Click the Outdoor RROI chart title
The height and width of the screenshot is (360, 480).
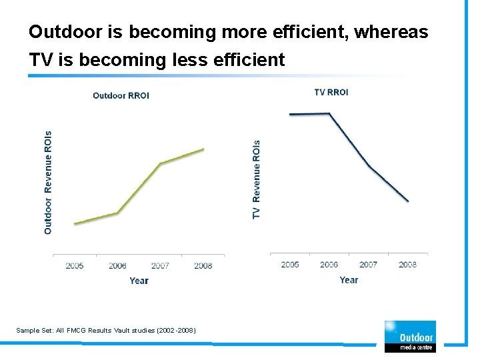[121, 95]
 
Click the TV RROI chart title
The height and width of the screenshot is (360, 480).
[331, 92]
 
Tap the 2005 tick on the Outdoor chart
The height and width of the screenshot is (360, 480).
[75, 265]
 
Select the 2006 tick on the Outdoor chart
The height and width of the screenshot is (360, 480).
[117, 265]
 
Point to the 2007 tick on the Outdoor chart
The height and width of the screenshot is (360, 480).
[160, 265]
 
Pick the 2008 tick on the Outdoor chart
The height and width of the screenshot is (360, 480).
[203, 265]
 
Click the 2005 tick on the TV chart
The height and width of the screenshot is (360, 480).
[290, 265]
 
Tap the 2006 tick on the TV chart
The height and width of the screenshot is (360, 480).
[329, 265]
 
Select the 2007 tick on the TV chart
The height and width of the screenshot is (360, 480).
[368, 265]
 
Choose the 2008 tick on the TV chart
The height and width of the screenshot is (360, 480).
[407, 265]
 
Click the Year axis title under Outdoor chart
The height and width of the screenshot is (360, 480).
[139, 281]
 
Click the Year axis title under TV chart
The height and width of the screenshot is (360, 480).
[349, 280]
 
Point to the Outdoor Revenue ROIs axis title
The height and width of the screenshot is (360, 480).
[48, 182]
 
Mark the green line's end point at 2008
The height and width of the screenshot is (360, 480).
[203, 149]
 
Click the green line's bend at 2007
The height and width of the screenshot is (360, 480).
[160, 163]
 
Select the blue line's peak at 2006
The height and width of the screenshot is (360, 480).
[329, 113]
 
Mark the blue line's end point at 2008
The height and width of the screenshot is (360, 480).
[408, 201]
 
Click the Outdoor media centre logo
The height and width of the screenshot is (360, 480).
[410, 336]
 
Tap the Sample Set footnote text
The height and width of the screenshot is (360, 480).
[106, 330]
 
